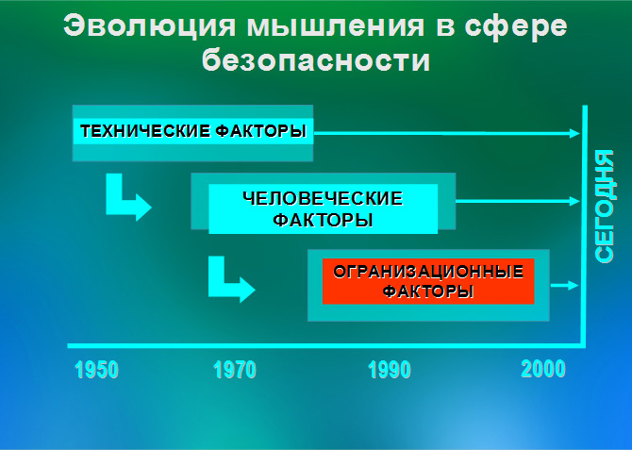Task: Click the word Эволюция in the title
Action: pyautogui.click(x=150, y=26)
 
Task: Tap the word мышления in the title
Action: pyautogui.click(x=336, y=26)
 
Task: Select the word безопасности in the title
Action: pyautogui.click(x=316, y=59)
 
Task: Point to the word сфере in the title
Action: pyautogui.click(x=516, y=27)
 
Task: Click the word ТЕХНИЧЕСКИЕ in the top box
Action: pyautogui.click(x=145, y=131)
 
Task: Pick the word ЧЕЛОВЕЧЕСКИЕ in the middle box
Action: pyautogui.click(x=323, y=198)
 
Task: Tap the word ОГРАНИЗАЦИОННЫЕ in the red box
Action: pyautogui.click(x=428, y=272)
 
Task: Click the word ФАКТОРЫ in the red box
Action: pyautogui.click(x=428, y=292)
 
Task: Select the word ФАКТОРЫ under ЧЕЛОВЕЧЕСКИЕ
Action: pyautogui.click(x=323, y=220)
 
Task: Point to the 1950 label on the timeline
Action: pyautogui.click(x=97, y=370)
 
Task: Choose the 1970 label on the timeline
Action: pyautogui.click(x=235, y=370)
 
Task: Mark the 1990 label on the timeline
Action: pyautogui.click(x=390, y=370)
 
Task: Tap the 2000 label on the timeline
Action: pyautogui.click(x=543, y=369)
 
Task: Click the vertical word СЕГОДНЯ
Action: pyautogui.click(x=605, y=207)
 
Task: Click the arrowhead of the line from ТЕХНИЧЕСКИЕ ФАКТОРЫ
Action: pyautogui.click(x=575, y=133)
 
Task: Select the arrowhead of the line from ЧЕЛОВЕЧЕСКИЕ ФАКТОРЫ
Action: pyautogui.click(x=575, y=201)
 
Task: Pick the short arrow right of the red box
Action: pyautogui.click(x=565, y=285)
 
